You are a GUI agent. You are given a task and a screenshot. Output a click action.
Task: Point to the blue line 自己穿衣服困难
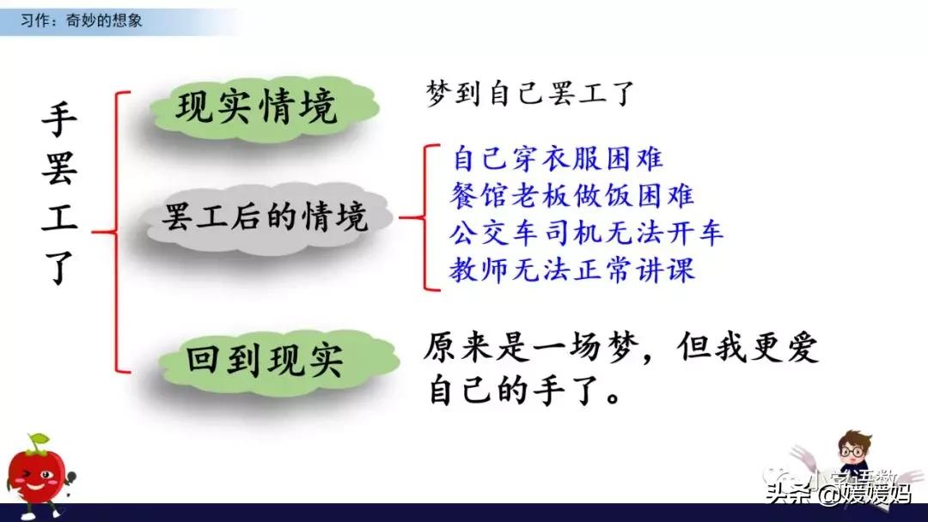click(557, 159)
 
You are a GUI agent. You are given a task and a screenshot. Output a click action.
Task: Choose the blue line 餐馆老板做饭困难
click(571, 196)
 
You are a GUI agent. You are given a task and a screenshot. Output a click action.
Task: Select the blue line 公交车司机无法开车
click(587, 233)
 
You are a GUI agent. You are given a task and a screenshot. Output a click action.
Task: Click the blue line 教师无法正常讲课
click(571, 270)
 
